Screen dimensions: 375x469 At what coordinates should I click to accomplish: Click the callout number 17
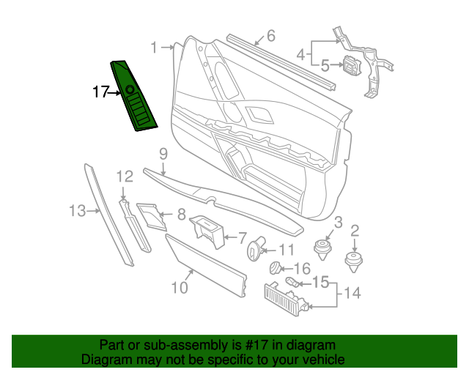coord(100,92)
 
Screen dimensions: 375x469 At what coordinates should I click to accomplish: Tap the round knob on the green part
coord(130,90)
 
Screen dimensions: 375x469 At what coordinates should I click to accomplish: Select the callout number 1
coord(155,48)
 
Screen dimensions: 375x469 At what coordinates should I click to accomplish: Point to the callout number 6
coord(270,35)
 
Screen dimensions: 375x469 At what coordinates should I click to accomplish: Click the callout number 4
coord(301,53)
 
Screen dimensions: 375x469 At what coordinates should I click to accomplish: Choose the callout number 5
coord(326,66)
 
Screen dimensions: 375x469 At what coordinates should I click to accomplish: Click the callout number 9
coord(163,154)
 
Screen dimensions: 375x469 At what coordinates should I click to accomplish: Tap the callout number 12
coord(125,176)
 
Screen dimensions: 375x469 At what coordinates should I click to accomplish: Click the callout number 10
coord(180,287)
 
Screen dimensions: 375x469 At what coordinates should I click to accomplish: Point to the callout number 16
coord(301,269)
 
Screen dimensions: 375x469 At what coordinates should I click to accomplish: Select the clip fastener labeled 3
coord(322,249)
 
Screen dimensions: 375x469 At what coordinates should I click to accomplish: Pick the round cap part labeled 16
coord(276,269)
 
